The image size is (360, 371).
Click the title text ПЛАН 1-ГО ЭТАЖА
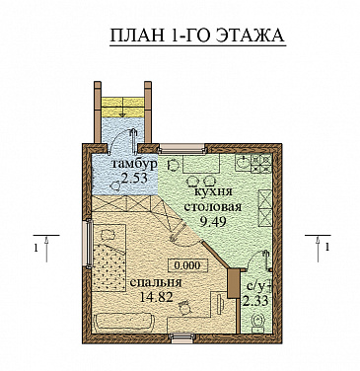pyautogui.click(x=194, y=37)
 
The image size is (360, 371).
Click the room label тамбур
pyautogui.click(x=133, y=164)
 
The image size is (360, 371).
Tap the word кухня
pyautogui.click(x=213, y=192)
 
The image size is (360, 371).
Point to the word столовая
pyautogui.click(x=212, y=207)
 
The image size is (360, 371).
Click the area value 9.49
pyautogui.click(x=212, y=223)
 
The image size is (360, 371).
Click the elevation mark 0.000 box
pyautogui.click(x=184, y=264)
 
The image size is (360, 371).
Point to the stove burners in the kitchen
pyautogui.click(x=261, y=161)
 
